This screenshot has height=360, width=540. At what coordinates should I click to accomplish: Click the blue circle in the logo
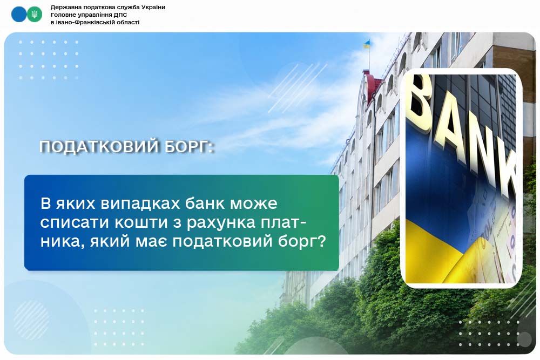[x=19, y=15]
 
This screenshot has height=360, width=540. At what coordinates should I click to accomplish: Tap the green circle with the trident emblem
[x=34, y=15]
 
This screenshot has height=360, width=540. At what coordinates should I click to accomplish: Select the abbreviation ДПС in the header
[x=120, y=15]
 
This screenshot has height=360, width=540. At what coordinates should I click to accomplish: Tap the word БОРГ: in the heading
[x=189, y=147]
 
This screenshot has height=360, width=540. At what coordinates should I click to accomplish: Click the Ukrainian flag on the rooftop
[x=367, y=44]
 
